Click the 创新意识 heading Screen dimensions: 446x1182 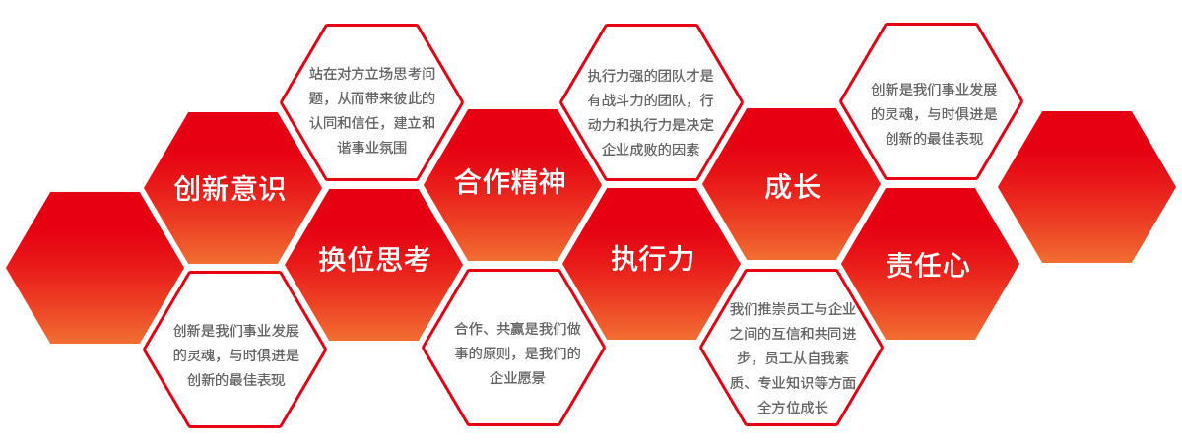[x=230, y=188]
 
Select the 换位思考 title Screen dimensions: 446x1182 [x=374, y=259]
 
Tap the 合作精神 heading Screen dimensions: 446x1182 [x=510, y=182]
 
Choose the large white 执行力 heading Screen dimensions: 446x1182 [x=652, y=259]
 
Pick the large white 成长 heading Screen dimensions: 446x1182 [x=792, y=187]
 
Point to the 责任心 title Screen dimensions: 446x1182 [x=928, y=265]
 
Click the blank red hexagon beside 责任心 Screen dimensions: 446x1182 [x=1086, y=187]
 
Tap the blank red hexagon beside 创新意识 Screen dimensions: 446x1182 [x=95, y=268]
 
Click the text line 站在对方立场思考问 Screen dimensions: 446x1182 [x=371, y=73]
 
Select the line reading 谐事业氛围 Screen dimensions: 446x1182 [x=371, y=148]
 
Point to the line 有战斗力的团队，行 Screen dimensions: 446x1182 [x=651, y=99]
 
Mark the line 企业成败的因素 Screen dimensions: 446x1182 [x=651, y=150]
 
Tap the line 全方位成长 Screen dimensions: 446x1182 [x=793, y=407]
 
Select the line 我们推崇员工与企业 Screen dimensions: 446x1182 [x=793, y=309]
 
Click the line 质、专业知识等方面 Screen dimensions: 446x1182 [x=793, y=382]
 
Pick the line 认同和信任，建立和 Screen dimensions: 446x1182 [x=371, y=122]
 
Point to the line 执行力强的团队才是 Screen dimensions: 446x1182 [x=651, y=75]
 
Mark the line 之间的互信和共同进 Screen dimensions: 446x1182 [x=793, y=333]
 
